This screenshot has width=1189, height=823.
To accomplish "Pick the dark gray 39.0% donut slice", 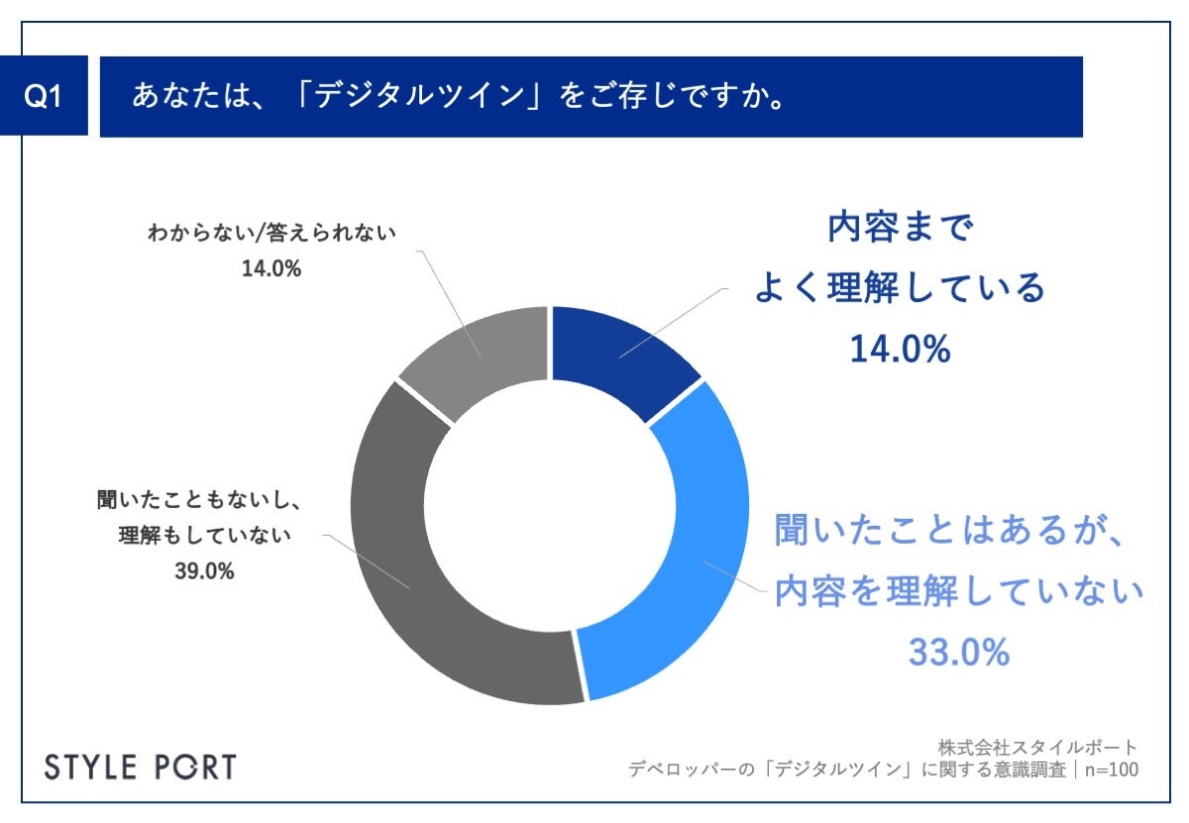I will pos(426,574).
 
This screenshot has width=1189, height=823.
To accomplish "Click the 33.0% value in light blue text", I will pos(958,652).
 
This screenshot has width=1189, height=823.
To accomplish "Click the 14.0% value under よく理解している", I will pos(899,349).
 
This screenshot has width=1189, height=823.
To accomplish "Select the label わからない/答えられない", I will pos(270,234).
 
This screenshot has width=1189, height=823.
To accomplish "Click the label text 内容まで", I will pos(900,230).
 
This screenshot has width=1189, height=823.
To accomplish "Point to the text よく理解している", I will pos(900,289).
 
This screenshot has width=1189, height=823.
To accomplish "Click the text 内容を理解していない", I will pos(958,593).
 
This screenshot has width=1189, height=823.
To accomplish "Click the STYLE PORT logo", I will pos(142,768).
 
